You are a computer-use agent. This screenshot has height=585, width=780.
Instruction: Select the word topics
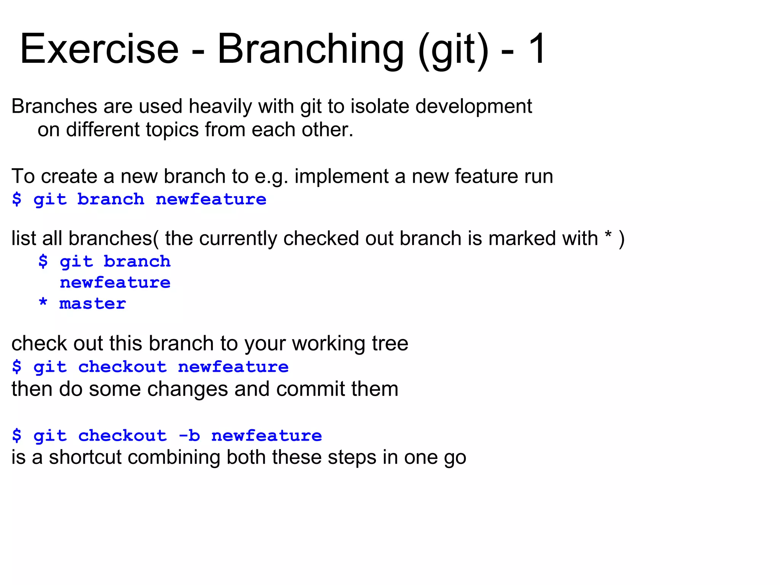(x=174, y=130)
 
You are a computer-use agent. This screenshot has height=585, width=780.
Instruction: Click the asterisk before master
(x=43, y=303)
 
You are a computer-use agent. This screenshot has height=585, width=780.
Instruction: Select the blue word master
(x=93, y=304)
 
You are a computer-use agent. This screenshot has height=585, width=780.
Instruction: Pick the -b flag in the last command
(x=189, y=435)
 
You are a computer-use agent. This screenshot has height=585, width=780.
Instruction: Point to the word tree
(x=390, y=344)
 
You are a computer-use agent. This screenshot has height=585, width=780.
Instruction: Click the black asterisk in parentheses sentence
(x=608, y=236)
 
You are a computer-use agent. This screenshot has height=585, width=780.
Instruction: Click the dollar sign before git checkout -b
(x=17, y=435)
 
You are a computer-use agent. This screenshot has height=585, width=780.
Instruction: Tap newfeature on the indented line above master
(x=115, y=283)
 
